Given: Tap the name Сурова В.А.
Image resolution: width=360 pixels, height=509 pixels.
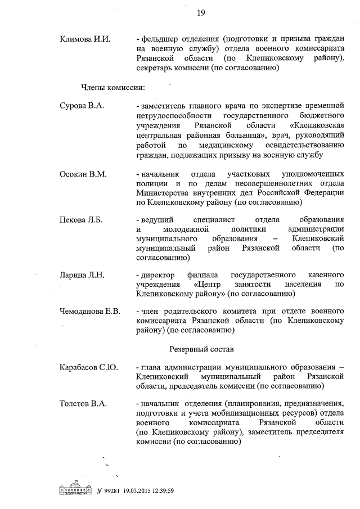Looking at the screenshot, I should pos(82,105).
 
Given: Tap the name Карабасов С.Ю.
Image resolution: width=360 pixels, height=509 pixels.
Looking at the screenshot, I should pos(88,367).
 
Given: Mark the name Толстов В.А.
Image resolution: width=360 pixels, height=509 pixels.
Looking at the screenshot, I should pos(83,403).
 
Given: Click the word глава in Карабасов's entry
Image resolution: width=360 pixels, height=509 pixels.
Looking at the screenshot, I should pos(151,367).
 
